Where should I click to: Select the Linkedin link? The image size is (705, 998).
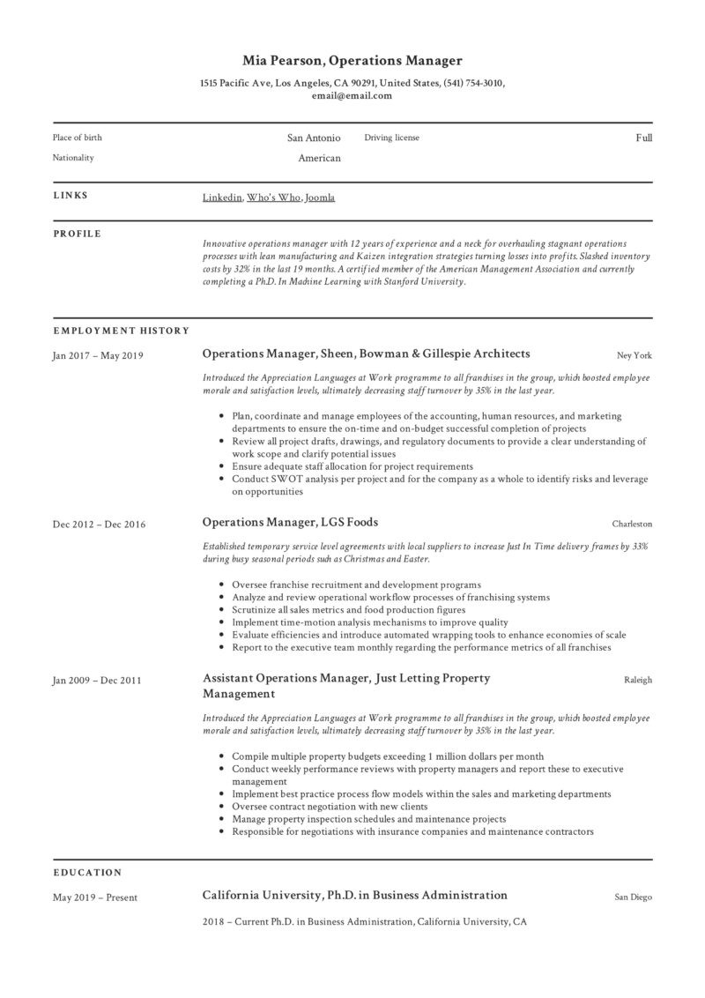222,197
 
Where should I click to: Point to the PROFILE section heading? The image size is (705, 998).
78,234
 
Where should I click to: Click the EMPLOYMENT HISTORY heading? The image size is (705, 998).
121,331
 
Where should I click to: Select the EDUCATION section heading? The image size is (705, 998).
87,873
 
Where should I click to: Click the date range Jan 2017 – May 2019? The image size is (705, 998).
98,356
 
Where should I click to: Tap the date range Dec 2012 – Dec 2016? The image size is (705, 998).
99,525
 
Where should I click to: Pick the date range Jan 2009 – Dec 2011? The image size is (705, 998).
97,681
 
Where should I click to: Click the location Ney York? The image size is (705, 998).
634,355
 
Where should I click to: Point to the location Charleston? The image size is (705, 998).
632,524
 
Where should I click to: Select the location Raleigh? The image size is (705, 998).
638,680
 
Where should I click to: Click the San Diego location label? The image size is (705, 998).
634,897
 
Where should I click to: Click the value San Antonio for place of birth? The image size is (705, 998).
314,138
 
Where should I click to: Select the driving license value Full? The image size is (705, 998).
643,138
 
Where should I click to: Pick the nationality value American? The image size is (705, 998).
319,158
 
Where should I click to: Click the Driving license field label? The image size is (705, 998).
392,138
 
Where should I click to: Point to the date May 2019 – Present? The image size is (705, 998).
95,898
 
